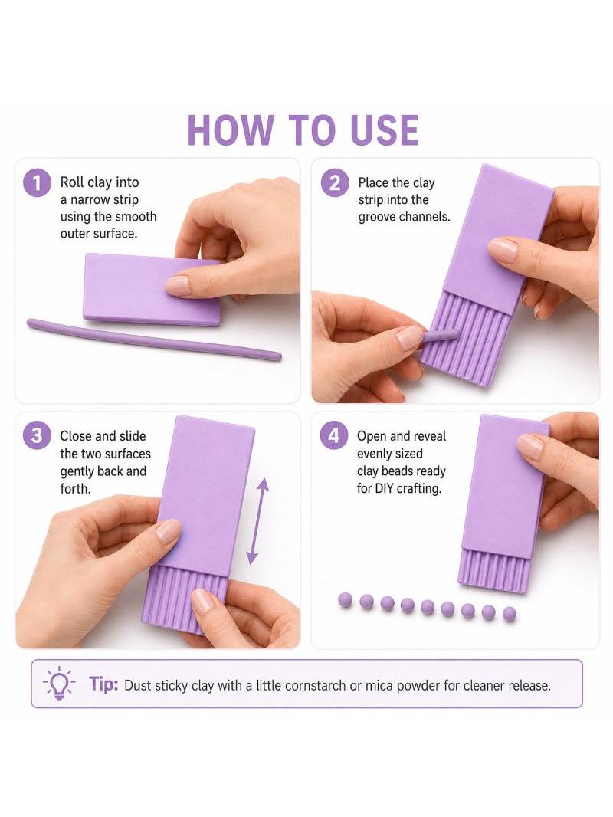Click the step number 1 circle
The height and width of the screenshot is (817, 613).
pos(37,183)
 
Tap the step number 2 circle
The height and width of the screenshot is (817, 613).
pos(334,183)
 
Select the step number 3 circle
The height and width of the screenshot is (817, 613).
pos(37,435)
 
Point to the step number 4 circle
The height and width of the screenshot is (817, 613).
pos(334,435)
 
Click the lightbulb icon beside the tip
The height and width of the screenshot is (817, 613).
pos(59,683)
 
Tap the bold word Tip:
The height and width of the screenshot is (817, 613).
pos(103,684)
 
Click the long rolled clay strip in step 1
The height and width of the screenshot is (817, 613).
pos(154,340)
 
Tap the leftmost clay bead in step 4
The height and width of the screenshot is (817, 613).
pos(346,600)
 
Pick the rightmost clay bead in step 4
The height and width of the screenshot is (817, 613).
pos(510,615)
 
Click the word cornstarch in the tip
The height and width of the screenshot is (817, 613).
pos(316,685)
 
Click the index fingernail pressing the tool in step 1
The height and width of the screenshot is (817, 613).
pos(178,286)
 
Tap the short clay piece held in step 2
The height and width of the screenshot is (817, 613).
pos(441,335)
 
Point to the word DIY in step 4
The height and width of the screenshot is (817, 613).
pos(384,488)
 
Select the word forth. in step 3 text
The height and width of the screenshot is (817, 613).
pos(76,489)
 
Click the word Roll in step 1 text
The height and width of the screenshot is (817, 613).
pos(72,182)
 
